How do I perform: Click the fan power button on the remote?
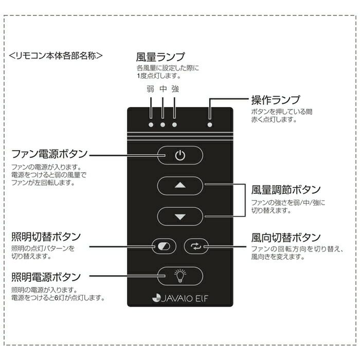click(179, 155)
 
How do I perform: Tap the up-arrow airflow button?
click(179, 185)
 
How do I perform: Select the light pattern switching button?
click(164, 247)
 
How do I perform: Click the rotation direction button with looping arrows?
click(196, 247)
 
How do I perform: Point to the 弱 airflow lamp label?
click(150, 89)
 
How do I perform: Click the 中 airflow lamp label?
click(163, 89)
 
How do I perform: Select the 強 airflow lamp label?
click(175, 89)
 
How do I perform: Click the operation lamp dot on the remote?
click(209, 124)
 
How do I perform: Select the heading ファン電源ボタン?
click(49, 154)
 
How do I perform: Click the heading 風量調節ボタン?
click(286, 189)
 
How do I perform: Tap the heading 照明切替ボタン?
click(46, 237)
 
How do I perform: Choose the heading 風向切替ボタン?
click(286, 238)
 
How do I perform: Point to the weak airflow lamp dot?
click(151, 124)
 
